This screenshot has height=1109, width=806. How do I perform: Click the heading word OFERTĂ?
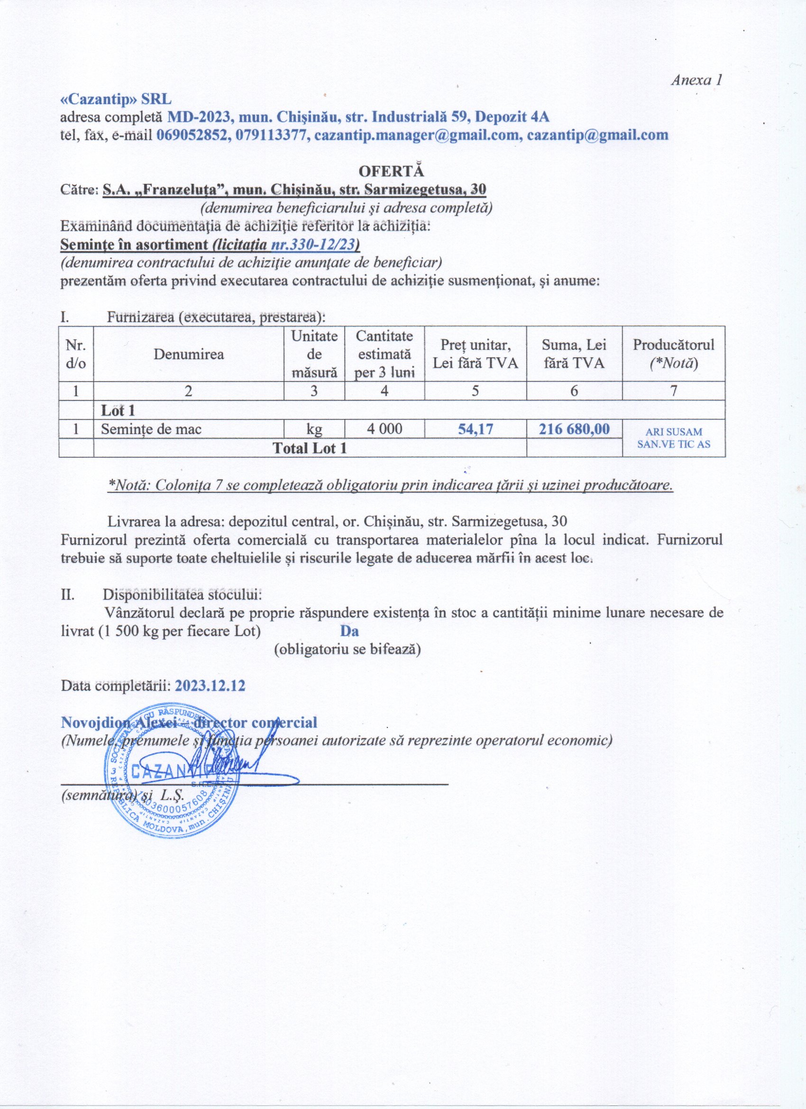[x=391, y=171]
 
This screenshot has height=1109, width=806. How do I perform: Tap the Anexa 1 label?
[x=696, y=80]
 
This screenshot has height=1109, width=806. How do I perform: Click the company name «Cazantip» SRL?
[x=116, y=99]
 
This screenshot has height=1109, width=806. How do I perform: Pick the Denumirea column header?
[x=189, y=354]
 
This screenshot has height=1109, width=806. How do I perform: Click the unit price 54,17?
[x=476, y=429]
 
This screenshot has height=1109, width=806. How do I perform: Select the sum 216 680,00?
[x=574, y=429]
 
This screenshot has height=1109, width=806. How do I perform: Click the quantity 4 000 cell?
[x=385, y=429]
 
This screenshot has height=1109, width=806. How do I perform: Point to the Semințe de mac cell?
[x=151, y=429]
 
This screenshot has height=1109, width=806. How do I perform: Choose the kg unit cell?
[x=314, y=429]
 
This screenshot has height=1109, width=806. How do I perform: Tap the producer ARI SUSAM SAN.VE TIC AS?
[x=673, y=438]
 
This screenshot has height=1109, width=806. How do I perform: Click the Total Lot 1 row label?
[x=310, y=448]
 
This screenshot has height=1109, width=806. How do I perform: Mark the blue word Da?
[x=349, y=631]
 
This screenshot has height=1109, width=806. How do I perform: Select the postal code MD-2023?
[x=198, y=118]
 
